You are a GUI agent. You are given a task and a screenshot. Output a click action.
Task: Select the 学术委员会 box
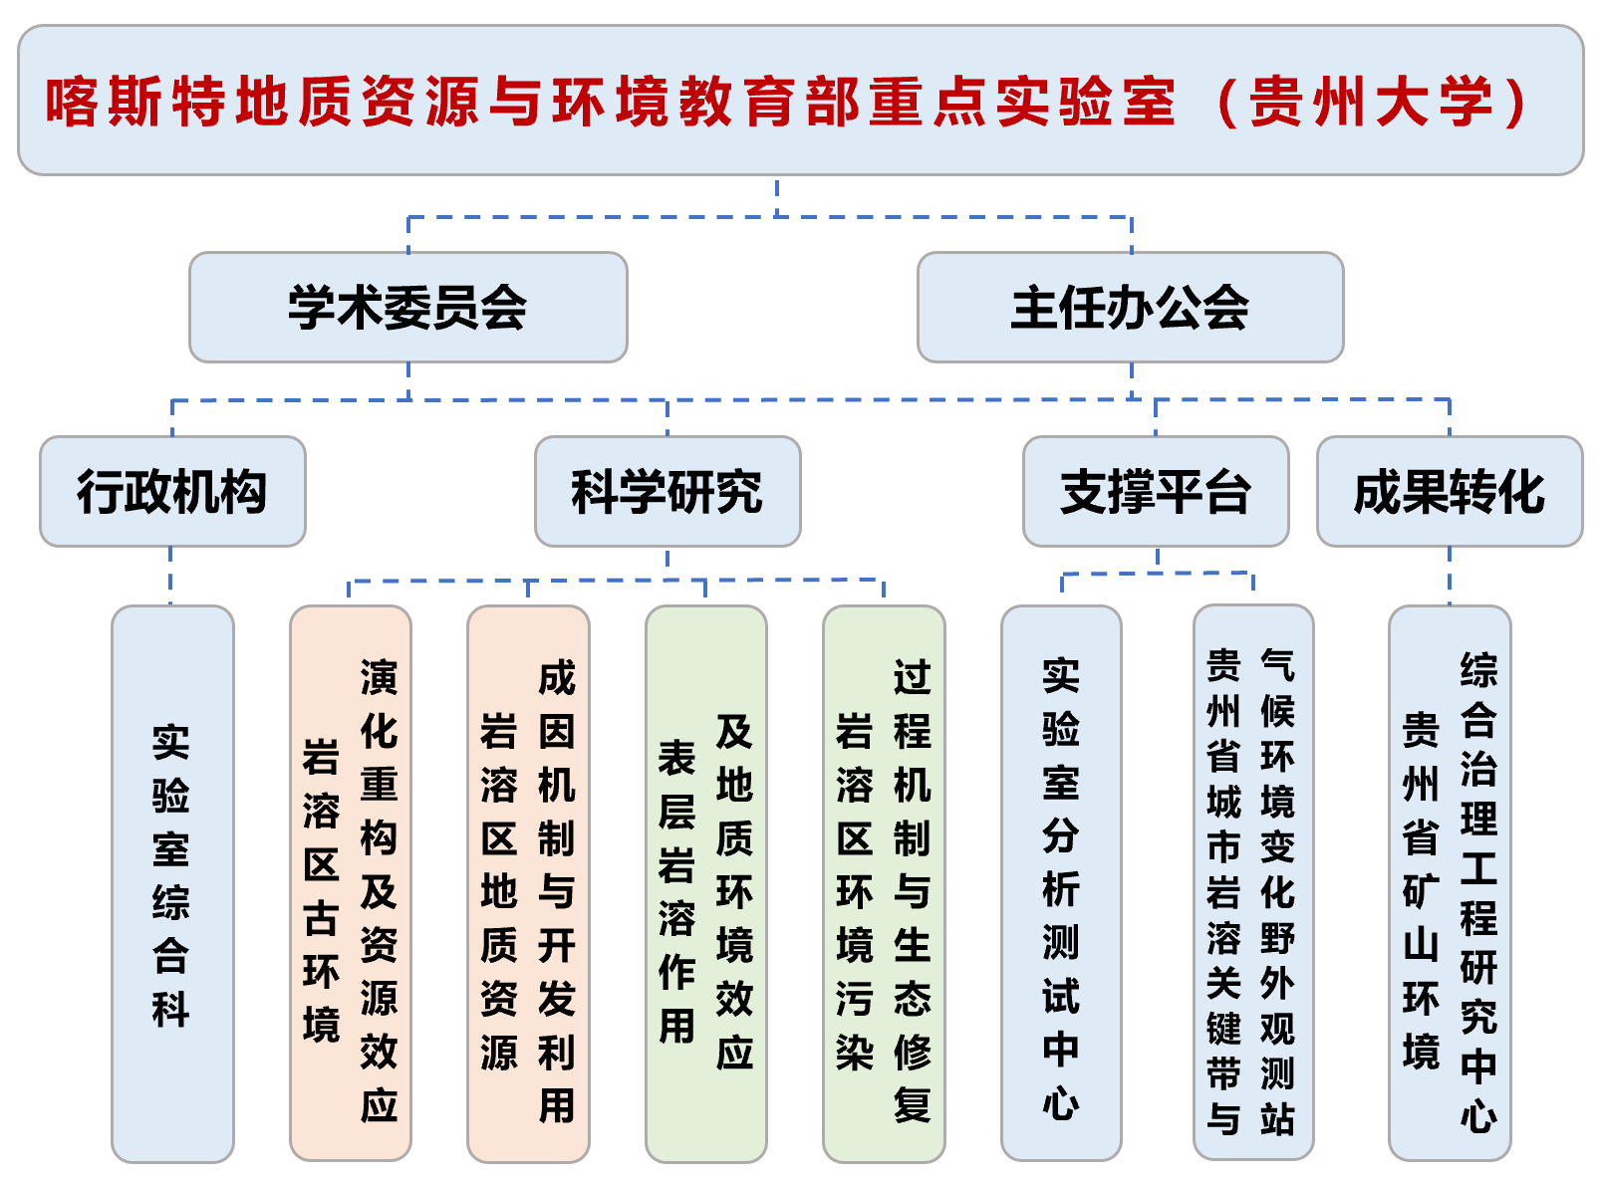tap(407, 307)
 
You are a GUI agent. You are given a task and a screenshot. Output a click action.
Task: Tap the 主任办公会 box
tap(1130, 307)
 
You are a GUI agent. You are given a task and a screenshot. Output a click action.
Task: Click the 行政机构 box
tap(172, 491)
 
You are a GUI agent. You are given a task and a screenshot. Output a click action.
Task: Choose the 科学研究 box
tap(667, 491)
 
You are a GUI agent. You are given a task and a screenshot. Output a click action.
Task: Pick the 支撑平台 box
tap(1155, 491)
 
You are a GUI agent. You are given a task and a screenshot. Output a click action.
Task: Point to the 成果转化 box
tap(1449, 491)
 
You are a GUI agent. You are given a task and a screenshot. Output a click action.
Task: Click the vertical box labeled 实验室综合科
tap(172, 883)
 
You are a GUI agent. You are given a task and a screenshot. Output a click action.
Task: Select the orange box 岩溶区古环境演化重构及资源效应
tap(350, 883)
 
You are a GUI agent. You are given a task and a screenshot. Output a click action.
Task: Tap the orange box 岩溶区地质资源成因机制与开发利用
tap(528, 883)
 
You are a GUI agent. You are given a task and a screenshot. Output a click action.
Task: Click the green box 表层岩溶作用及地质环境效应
tap(705, 883)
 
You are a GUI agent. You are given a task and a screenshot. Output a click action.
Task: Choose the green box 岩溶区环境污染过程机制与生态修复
tap(884, 883)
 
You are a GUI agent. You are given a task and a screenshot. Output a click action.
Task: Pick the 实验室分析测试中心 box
tap(1061, 883)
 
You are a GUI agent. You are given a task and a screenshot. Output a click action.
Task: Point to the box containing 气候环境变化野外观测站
tap(1253, 883)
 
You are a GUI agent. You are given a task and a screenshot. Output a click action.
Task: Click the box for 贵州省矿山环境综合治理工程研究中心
tap(1449, 883)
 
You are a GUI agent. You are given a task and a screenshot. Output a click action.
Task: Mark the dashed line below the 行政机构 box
tap(171, 576)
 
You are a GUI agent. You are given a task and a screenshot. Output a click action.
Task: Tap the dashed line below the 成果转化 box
tap(1449, 576)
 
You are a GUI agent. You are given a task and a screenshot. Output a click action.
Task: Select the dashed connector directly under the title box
tap(777, 196)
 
